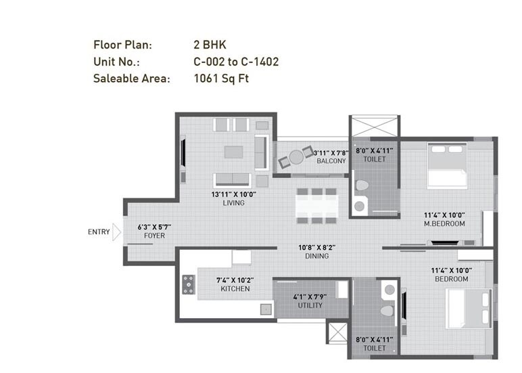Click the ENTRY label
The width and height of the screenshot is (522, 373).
pyautogui.click(x=99, y=232)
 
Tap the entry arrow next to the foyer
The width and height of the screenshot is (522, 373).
pyautogui.click(x=116, y=233)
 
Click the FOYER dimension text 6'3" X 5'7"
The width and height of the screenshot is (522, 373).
pyautogui.click(x=154, y=227)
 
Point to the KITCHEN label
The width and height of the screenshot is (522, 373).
pyautogui.click(x=235, y=289)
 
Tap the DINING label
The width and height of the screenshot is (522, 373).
pyautogui.click(x=316, y=256)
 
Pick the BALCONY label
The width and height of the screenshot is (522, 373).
pyautogui.click(x=331, y=161)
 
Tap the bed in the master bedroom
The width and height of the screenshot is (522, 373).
pyautogui.click(x=447, y=169)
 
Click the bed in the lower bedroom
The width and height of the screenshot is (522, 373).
pyautogui.click(x=467, y=309)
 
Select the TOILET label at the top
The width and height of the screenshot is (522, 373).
pyautogui.click(x=374, y=160)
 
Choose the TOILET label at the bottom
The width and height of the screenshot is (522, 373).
pyautogui.click(x=374, y=348)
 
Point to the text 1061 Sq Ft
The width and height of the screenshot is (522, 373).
pyautogui.click(x=221, y=78)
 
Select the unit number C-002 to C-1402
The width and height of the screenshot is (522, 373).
pyautogui.click(x=236, y=62)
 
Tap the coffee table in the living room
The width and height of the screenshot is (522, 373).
pyautogui.click(x=234, y=151)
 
